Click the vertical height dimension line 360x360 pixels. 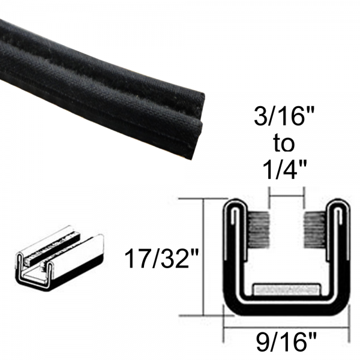[x=206, y=258]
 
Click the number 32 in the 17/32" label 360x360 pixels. [x=180, y=260]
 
